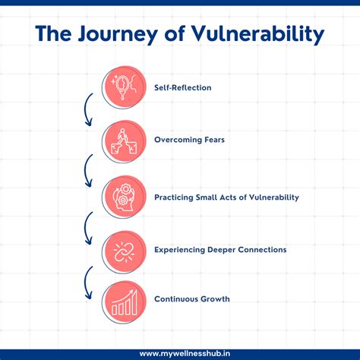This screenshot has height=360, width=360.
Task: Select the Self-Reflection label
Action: coord(182,87)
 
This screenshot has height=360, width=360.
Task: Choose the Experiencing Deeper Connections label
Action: coord(219,249)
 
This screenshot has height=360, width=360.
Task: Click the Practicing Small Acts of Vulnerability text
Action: coord(226,197)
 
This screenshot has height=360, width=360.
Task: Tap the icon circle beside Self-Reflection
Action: coord(125,87)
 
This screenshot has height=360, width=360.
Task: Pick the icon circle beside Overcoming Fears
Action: coord(125,141)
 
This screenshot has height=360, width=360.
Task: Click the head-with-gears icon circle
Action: coord(125,195)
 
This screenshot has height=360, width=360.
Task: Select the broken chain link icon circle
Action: coord(125,248)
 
